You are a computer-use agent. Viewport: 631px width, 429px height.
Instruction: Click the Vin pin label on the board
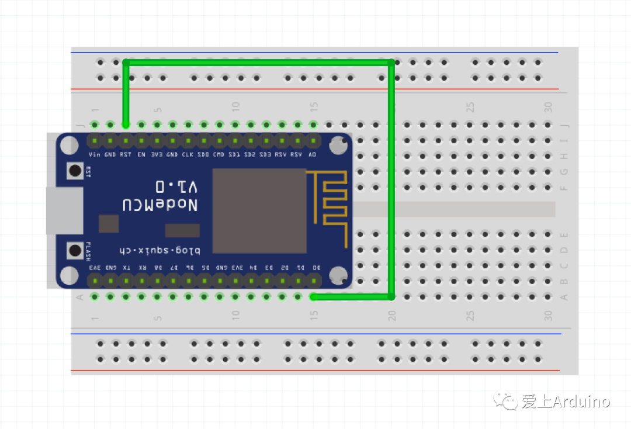click(x=94, y=154)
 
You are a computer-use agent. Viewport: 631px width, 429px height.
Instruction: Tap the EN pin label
click(x=141, y=154)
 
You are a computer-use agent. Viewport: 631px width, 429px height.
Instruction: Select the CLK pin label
click(x=188, y=154)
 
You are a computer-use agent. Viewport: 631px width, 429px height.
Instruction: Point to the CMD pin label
click(x=219, y=154)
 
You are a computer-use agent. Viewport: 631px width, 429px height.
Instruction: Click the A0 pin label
click(x=313, y=154)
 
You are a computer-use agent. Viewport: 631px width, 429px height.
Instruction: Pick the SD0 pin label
click(x=203, y=154)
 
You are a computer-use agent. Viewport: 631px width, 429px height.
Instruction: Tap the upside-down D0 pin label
click(x=316, y=267)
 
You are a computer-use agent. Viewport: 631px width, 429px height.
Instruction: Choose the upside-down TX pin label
click(x=126, y=267)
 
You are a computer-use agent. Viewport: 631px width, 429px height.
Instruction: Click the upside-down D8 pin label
click(x=157, y=267)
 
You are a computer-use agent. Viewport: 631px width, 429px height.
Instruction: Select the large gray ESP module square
click(x=259, y=210)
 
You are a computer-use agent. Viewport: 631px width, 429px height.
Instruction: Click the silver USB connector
click(x=64, y=210)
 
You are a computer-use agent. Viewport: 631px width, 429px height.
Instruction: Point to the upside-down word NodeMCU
click(x=160, y=205)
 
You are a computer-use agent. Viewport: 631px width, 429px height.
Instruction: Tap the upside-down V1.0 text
click(x=176, y=187)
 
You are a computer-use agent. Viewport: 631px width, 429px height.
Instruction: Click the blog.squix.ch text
click(x=160, y=250)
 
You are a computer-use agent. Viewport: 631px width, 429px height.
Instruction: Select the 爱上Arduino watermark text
click(x=566, y=402)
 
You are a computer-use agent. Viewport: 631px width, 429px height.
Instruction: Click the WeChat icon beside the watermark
click(x=506, y=401)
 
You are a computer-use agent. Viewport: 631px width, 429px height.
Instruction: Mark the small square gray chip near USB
click(x=109, y=223)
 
